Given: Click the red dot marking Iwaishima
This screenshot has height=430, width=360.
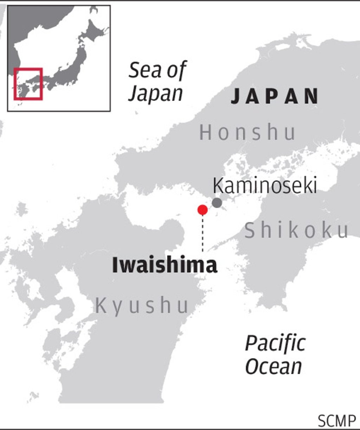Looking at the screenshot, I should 202,210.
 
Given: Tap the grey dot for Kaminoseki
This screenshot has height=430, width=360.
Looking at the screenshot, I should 217,203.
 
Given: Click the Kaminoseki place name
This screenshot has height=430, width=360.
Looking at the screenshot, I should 265,185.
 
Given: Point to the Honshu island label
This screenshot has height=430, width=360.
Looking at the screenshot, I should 247,133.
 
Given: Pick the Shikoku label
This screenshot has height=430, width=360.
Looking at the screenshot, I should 297,231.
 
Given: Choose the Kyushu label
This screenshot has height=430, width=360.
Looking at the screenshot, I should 142,305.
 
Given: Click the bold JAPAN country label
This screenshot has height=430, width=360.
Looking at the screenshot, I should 275,96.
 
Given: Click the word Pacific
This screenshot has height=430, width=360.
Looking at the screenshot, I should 275,343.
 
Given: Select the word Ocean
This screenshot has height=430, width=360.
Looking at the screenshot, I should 274,366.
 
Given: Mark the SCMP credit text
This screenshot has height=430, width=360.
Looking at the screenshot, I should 336,420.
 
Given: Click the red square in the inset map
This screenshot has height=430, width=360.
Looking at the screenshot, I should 28,84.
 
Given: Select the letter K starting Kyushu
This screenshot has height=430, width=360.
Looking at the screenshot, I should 101,305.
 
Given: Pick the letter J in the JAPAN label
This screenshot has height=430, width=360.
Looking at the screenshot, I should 236,96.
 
